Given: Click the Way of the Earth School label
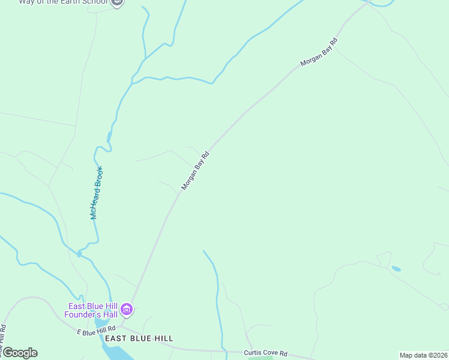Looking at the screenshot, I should tap(63, 2).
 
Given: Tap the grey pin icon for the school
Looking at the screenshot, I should tap(118, 2).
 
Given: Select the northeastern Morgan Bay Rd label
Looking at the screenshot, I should tap(319, 52).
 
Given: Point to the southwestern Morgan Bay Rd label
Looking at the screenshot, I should tap(195, 171).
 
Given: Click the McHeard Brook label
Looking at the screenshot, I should tap(97, 193).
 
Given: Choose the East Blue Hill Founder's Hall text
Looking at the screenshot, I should tap(91, 310).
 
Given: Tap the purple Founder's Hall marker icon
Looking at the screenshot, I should tap(127, 310).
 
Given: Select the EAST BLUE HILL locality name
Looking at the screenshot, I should tap(139, 339).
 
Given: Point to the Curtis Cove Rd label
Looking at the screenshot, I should tap(266, 353).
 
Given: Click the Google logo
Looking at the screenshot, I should tap(20, 353).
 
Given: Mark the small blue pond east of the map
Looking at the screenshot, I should tap(396, 269).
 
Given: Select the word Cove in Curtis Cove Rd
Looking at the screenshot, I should tap(267, 353).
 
